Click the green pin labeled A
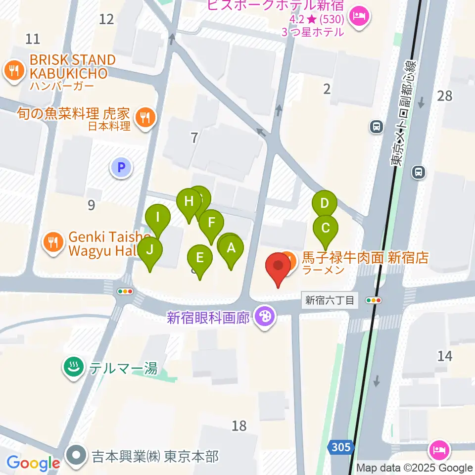231,249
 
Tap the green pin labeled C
326,229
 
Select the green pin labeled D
325,203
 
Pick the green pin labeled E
200,258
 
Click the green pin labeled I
158,217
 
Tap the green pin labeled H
189,202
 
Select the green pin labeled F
211,222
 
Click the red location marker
279,266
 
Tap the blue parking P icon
121,168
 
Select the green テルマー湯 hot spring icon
74,367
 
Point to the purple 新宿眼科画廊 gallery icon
265,316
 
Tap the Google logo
33,463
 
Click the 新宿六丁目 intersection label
330,300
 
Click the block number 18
239,425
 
